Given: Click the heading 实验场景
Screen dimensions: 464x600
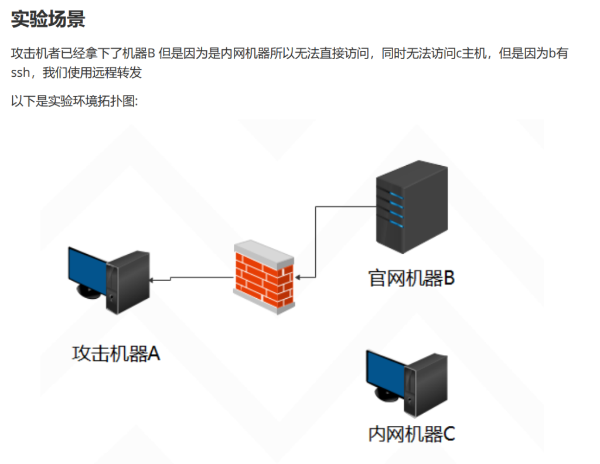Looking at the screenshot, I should (x=48, y=19).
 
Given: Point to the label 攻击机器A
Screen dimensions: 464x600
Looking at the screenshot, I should (x=116, y=353).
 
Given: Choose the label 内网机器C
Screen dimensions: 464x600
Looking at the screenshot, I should (x=411, y=434).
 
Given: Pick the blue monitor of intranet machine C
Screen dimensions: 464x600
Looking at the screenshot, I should (x=384, y=376).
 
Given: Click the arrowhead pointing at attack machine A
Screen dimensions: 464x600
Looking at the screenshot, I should (x=152, y=281).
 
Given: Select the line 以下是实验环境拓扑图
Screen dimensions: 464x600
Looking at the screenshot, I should (x=74, y=101).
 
